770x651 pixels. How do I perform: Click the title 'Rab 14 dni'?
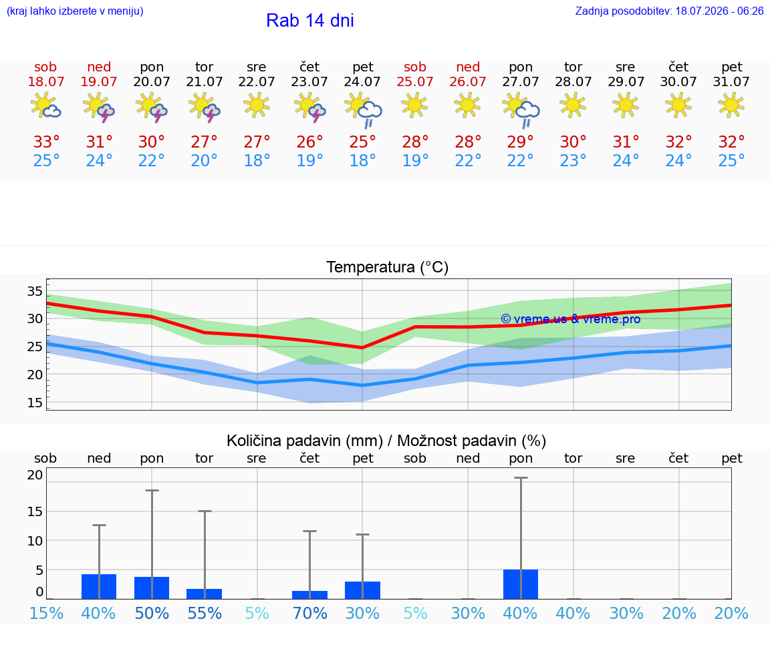(x=310, y=21)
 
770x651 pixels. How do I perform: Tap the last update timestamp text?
(x=669, y=11)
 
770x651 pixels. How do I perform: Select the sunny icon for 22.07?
(x=257, y=105)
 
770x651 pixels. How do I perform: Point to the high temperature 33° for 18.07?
(x=46, y=142)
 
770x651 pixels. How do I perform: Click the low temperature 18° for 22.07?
(x=257, y=160)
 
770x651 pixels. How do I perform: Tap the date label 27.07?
(x=521, y=81)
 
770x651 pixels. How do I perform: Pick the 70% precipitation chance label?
(x=310, y=613)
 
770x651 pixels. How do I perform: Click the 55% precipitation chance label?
(x=205, y=613)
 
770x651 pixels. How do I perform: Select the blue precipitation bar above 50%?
(x=152, y=588)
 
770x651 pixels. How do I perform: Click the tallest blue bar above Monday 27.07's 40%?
(x=521, y=584)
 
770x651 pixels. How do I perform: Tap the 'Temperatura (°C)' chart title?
(x=388, y=267)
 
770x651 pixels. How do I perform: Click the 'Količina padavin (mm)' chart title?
(x=305, y=441)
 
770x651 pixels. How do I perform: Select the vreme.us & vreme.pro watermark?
(x=571, y=319)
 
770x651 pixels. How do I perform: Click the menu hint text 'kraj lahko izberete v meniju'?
(x=75, y=11)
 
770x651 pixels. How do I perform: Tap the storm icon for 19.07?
(x=99, y=107)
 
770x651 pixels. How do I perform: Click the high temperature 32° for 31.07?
(x=731, y=142)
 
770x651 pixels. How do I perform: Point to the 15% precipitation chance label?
(x=46, y=613)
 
